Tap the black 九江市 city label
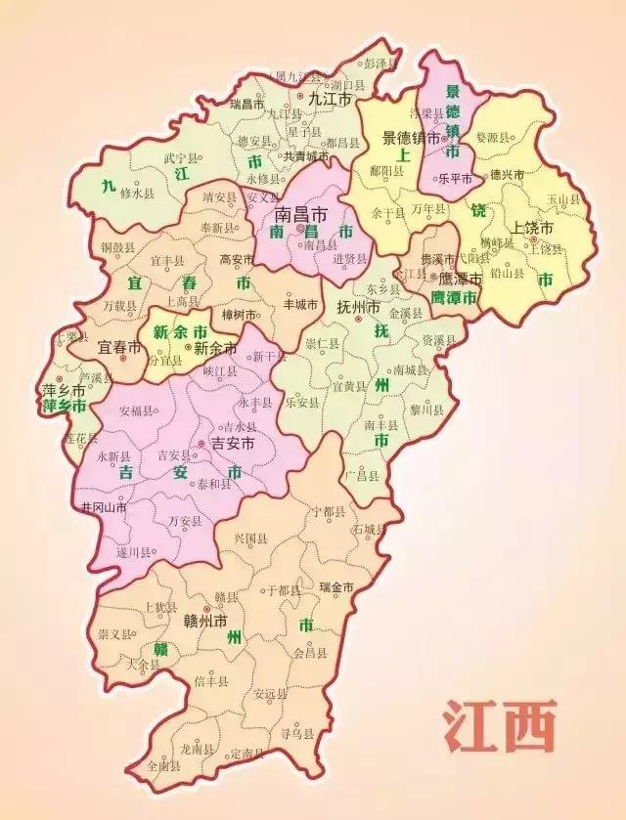(x=329, y=99)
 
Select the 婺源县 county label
(x=493, y=139)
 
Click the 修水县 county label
(x=136, y=194)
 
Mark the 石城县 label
(x=372, y=529)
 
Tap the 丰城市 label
(x=299, y=304)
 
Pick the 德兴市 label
(x=507, y=174)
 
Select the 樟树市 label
(x=238, y=316)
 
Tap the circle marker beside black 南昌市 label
(x=300, y=228)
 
